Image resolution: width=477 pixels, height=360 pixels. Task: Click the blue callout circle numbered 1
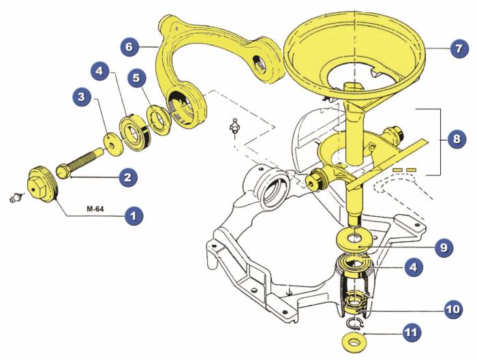pos(134,216)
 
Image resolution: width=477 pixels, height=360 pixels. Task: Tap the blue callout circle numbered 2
pos(128,177)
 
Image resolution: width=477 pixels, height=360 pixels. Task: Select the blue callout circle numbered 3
pos(82,97)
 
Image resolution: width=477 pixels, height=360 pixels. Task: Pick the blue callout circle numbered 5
pos(136,78)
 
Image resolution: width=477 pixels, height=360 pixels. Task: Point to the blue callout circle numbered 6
pos(129,47)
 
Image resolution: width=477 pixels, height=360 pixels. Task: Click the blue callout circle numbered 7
pos(459,48)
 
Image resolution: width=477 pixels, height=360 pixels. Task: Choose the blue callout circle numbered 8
pos(457,140)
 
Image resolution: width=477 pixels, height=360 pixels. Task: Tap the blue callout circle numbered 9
pos(444,247)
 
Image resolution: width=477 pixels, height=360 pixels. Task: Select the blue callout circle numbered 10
pos(453,310)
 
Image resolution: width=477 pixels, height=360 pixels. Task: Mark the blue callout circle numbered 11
pos(412,333)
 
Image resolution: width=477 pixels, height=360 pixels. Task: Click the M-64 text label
pos(95,209)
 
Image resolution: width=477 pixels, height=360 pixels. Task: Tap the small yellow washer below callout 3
pos(113,145)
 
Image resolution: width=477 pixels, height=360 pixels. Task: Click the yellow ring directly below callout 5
pos(159,119)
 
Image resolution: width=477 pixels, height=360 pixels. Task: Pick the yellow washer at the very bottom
pos(354,342)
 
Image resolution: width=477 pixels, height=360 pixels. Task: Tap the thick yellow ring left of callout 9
pos(354,238)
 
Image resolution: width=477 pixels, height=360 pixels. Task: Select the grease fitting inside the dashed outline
pos(234,127)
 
